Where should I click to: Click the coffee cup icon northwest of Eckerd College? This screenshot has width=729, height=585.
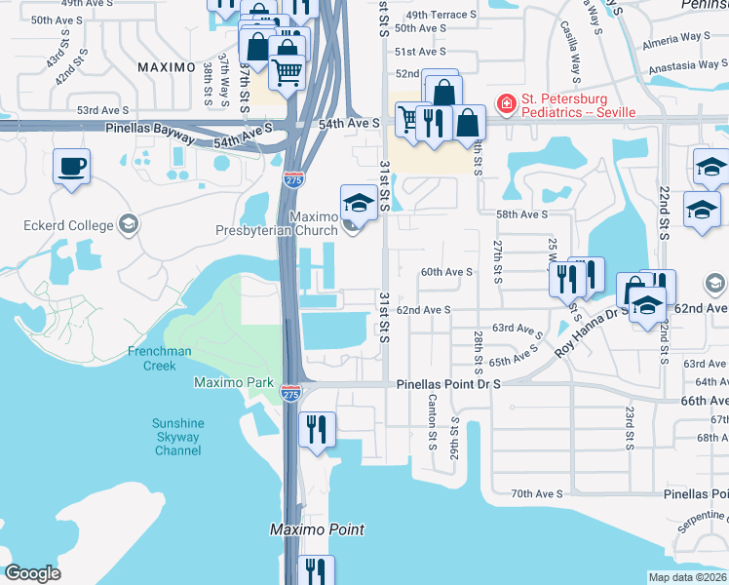pos(71,167)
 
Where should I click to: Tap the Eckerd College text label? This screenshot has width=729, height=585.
pos(68,225)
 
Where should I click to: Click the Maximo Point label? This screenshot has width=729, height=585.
pos(317,529)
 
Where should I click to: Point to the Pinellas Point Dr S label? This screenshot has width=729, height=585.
pos(448,385)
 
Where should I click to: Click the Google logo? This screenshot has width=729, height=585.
pos(32,573)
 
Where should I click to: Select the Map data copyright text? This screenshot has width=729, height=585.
pos(688,577)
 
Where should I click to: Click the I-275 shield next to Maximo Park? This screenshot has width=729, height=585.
pos(289,393)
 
